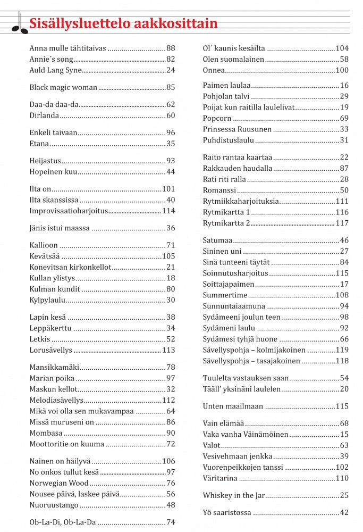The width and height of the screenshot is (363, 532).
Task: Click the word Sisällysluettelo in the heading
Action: (x=72, y=24)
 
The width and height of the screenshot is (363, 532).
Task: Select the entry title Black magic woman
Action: (x=63, y=87)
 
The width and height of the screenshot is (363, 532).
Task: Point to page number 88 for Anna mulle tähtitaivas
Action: (x=170, y=48)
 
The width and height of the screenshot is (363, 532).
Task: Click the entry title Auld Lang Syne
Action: (x=55, y=70)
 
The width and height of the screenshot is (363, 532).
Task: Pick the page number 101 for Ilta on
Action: (x=168, y=189)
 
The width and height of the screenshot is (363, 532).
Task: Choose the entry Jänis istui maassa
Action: (x=60, y=228)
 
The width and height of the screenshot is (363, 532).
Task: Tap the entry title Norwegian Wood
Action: (x=58, y=484)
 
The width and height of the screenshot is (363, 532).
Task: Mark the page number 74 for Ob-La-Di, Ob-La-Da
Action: (x=170, y=522)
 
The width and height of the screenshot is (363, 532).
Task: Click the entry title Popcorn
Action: (x=216, y=118)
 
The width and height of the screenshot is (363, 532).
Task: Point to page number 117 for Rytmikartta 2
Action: (x=342, y=223)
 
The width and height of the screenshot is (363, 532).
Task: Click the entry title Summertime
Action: (x=225, y=295)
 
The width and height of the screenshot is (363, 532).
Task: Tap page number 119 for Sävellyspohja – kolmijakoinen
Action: (x=342, y=350)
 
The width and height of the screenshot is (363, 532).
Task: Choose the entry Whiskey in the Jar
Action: (x=233, y=496)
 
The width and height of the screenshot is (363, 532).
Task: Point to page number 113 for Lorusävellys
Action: (x=168, y=351)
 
